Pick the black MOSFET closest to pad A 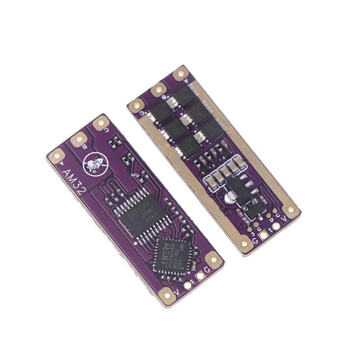coord(183,94)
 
